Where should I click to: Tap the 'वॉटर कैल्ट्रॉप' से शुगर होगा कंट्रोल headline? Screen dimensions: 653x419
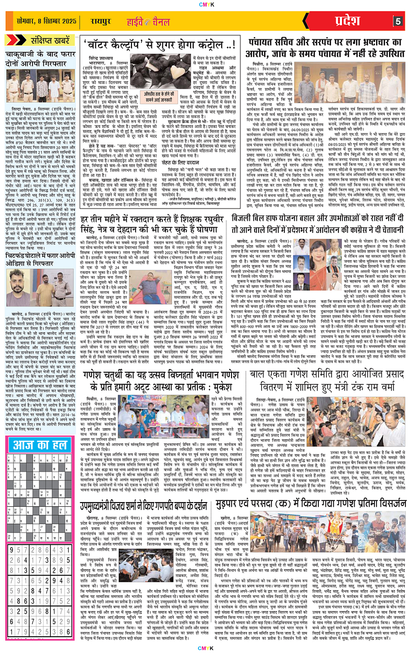162,47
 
